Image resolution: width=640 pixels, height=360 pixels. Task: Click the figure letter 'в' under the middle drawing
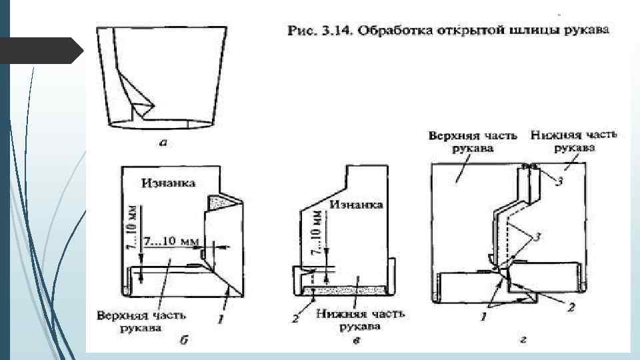click(x=357, y=341)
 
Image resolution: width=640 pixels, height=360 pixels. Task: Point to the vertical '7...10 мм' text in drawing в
click(x=317, y=231)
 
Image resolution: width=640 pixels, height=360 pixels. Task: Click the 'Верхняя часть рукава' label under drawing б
click(x=141, y=320)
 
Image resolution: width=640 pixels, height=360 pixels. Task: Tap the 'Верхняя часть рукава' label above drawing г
click(x=472, y=141)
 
